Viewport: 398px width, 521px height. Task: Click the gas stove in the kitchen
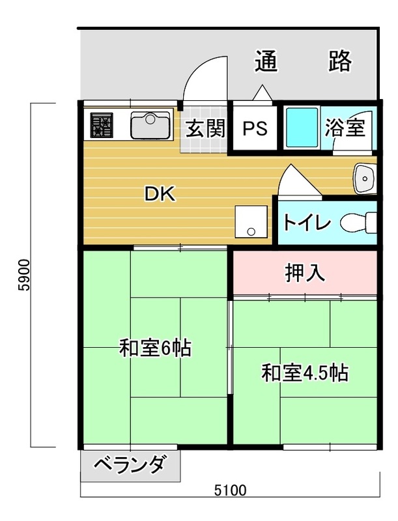(x=102, y=125)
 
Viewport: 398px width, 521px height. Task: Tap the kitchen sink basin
(x=150, y=125)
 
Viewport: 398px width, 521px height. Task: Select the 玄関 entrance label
(x=205, y=128)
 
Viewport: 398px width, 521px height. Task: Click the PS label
(x=255, y=128)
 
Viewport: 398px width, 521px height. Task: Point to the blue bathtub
(x=302, y=128)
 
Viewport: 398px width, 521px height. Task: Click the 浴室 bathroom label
(x=345, y=127)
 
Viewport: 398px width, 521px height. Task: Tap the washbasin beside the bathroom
(x=365, y=178)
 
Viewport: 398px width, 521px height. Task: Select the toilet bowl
(x=358, y=223)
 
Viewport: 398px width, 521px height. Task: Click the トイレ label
(x=307, y=223)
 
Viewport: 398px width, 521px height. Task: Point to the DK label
(x=160, y=193)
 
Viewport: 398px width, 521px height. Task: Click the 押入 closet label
(x=305, y=273)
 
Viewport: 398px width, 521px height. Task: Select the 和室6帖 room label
(x=155, y=348)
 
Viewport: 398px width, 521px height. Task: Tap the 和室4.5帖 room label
(x=305, y=373)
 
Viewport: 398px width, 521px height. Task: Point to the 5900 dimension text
(x=24, y=275)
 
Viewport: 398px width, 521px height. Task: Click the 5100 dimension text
(x=230, y=490)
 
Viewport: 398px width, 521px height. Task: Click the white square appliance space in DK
(x=251, y=221)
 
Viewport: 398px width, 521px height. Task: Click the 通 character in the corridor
(x=266, y=61)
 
